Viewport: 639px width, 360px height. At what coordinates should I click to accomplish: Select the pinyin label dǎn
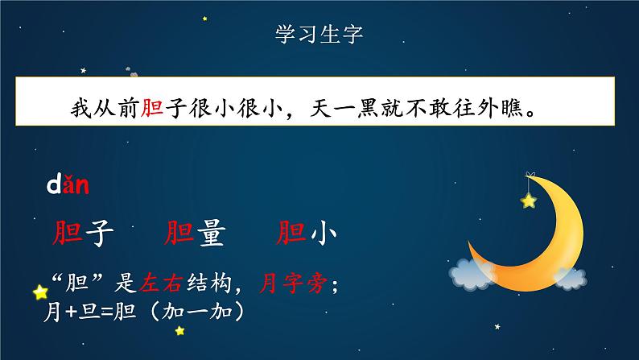66,187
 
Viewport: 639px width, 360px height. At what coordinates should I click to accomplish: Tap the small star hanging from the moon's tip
528,200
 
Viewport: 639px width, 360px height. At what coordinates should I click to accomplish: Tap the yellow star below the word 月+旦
179,330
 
